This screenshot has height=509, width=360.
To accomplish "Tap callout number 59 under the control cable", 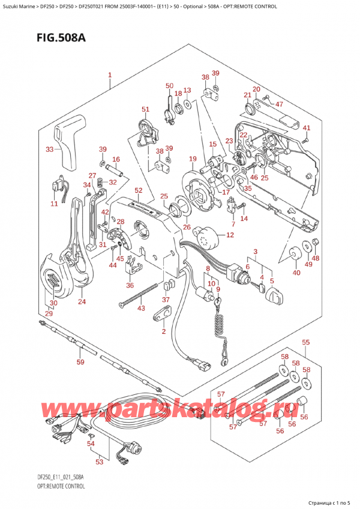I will point(80,362).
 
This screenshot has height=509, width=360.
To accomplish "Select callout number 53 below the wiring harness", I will point(100,462).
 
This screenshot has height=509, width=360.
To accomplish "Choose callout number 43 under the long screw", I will point(141,309).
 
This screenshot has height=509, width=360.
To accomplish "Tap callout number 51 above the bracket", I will point(145,109).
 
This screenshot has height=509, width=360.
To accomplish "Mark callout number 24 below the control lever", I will point(82,301).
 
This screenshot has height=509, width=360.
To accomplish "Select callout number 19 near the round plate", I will point(192,158).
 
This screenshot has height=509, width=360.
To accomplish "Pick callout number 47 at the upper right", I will point(278,104).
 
